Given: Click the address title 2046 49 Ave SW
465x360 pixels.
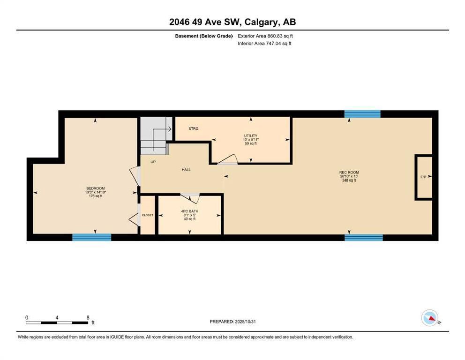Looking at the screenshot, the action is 204,22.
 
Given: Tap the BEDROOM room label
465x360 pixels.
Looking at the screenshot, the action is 96,188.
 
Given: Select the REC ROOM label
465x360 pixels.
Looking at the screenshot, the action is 349,172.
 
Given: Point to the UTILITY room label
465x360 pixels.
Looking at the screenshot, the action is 251,136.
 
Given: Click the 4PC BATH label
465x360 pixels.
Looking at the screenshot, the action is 190,211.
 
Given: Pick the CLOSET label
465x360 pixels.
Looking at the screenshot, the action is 147,215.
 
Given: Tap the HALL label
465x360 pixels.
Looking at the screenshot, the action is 186,170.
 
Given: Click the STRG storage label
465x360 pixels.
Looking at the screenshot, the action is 193,129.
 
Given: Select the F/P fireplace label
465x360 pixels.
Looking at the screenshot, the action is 423,177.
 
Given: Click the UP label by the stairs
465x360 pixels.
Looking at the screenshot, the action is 153,162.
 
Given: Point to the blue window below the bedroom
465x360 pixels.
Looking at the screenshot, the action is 92,237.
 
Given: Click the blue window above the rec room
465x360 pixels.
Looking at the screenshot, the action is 362,114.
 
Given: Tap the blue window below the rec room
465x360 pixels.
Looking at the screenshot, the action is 364,237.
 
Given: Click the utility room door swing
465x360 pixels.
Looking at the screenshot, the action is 228,159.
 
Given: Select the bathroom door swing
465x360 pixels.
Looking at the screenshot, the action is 190,196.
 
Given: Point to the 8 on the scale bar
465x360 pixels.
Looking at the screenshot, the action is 88,318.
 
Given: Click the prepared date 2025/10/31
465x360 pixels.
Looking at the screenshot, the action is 245,322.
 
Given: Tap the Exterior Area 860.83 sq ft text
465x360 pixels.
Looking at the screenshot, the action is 265,36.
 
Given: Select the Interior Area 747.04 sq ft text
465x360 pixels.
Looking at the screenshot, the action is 264,43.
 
